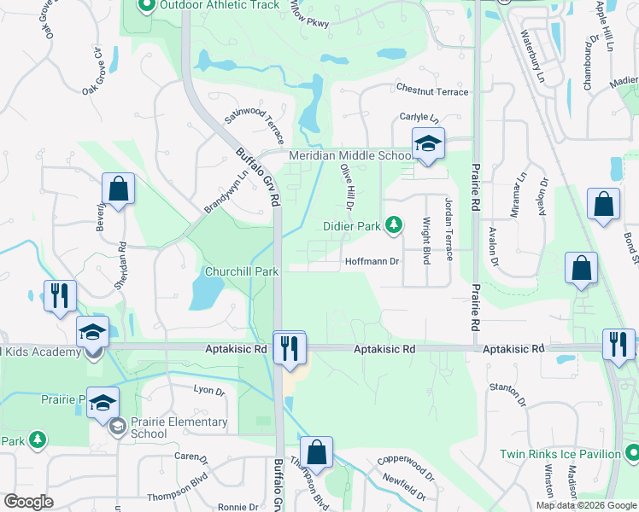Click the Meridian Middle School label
[350, 156]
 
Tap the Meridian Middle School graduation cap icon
[428, 143]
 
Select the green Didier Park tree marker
[394, 225]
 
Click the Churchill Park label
[242, 271]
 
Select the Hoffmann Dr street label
[372, 262]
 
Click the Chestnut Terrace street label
[431, 90]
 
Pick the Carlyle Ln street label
[419, 118]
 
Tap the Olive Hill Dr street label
[348, 188]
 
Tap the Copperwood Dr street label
[406, 468]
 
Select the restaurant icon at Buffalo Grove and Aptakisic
[290, 348]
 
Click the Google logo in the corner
[28, 502]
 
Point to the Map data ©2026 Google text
[587, 505]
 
